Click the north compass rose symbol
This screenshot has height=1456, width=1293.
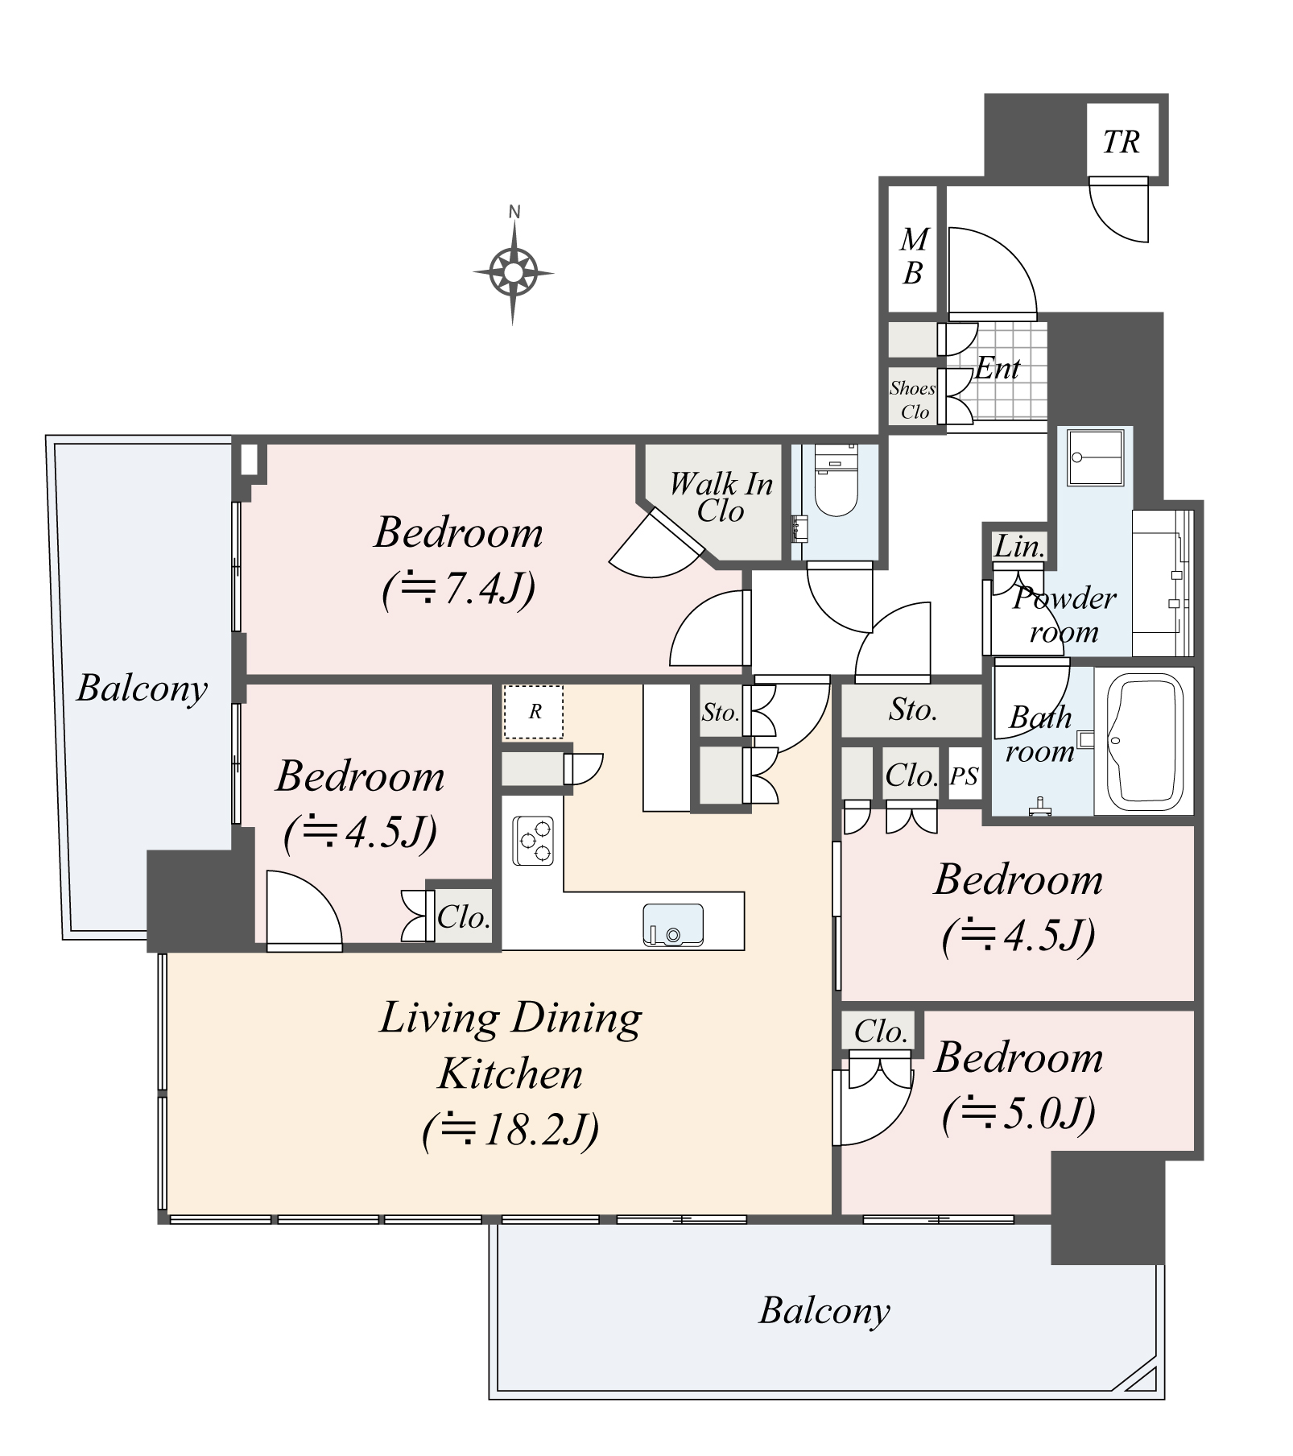pos(514,272)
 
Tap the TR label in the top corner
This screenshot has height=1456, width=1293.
pos(1122,143)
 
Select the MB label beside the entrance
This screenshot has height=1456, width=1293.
pos(913,256)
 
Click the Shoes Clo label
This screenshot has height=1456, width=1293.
pos(913,399)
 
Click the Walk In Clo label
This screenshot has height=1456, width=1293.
pos(721,497)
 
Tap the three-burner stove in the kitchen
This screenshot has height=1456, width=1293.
pos(533,841)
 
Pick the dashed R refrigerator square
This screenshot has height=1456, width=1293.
pos(534,712)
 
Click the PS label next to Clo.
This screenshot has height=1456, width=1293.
pos(965,776)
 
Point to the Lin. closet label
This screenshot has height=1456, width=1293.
pos(1019,547)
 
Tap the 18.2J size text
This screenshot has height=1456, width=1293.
pos(510,1130)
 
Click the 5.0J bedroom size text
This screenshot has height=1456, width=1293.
pos(1018,1114)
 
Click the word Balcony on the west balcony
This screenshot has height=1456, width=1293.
pos(142,689)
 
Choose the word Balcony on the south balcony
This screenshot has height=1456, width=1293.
pos(824,1310)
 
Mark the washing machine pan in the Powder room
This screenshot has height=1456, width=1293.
pos(1095,458)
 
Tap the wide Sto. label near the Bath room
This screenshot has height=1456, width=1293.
pos(913,709)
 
